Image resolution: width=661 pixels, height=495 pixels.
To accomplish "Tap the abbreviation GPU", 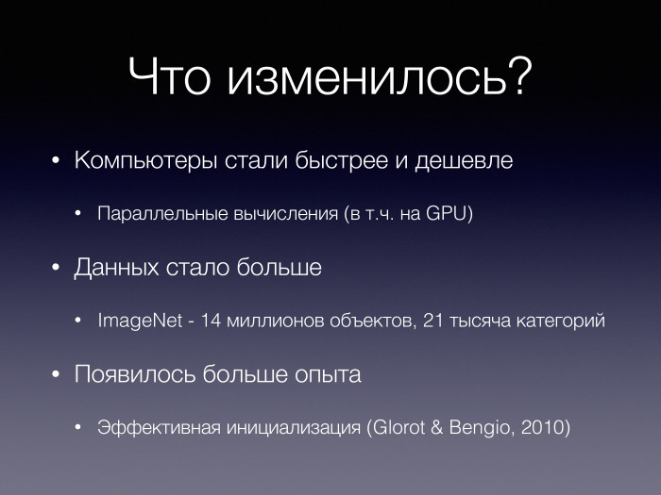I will [445, 213].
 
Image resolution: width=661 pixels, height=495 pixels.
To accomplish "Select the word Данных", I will [116, 268].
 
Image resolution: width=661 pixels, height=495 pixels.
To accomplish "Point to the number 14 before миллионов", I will [211, 321].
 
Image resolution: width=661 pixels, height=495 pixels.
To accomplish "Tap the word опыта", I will [328, 375].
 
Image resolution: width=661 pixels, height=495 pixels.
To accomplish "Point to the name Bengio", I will [483, 427].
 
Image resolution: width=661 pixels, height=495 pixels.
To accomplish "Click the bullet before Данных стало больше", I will [56, 269].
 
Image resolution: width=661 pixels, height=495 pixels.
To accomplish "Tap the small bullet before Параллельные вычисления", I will [80, 214].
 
